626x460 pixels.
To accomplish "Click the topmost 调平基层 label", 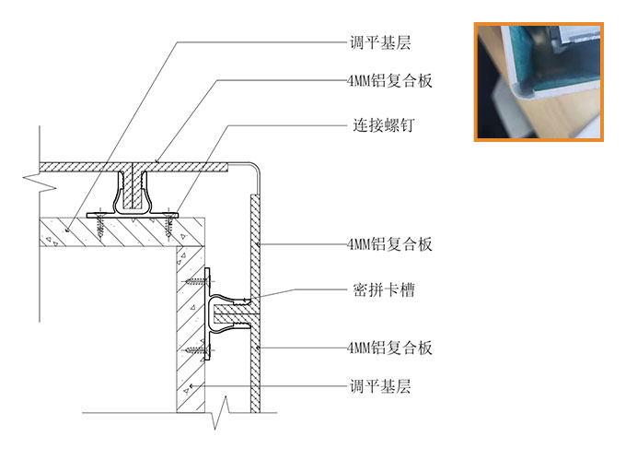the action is pos(380,42).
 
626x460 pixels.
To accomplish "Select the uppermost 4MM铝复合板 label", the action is pos(389,81).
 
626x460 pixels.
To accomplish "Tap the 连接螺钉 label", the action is pos(383,125).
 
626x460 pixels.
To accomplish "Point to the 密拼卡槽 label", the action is pos(383,289).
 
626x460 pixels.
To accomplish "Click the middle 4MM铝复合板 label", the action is pos(389,243).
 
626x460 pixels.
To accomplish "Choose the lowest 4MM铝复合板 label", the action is pos(389,348).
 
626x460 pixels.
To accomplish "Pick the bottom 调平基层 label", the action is pos(380,386).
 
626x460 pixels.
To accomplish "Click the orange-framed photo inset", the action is pos(539,82).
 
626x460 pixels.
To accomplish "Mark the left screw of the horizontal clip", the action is pos(99,225).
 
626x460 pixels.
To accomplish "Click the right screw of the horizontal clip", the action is pos(169,225).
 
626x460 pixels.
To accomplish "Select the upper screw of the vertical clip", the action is pos(198,282).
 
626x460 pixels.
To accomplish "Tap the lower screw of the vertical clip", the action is pos(198,350).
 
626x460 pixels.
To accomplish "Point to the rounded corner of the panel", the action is pos(254,169).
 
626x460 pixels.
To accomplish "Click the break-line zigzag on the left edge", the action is pos(39,183).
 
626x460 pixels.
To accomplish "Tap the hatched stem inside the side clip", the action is pos(232,313).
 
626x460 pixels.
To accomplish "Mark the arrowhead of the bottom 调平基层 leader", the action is pos(192,386).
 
